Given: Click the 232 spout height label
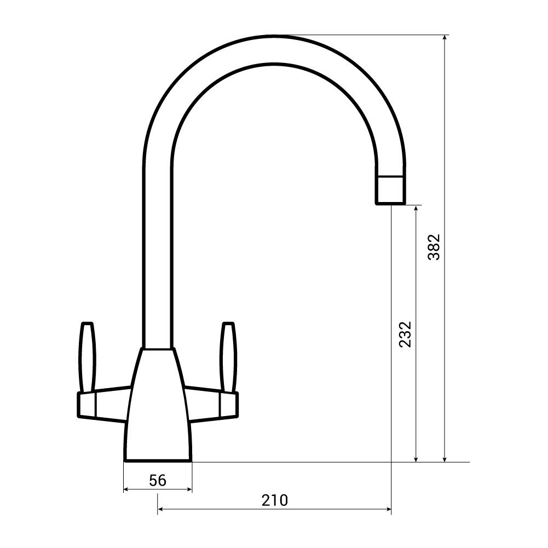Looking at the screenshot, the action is tap(406, 334).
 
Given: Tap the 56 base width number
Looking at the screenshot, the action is tap(158, 480).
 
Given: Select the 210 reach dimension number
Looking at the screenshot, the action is tap(275, 500).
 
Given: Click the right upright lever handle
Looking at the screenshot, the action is tap(228, 357).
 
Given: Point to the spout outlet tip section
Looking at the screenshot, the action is tap(391, 189).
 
